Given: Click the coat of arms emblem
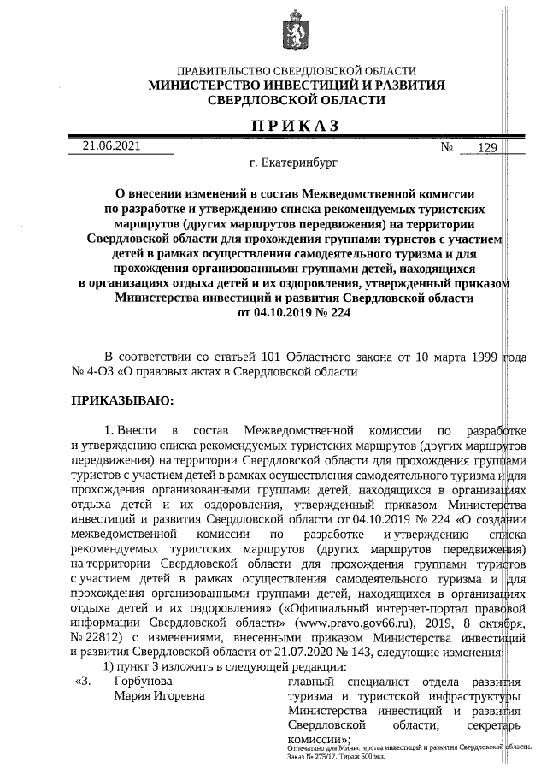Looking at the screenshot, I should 296,31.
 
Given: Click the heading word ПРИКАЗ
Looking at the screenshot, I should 295,126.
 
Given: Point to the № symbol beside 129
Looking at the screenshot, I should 446,147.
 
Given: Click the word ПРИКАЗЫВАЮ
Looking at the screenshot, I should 121,399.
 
